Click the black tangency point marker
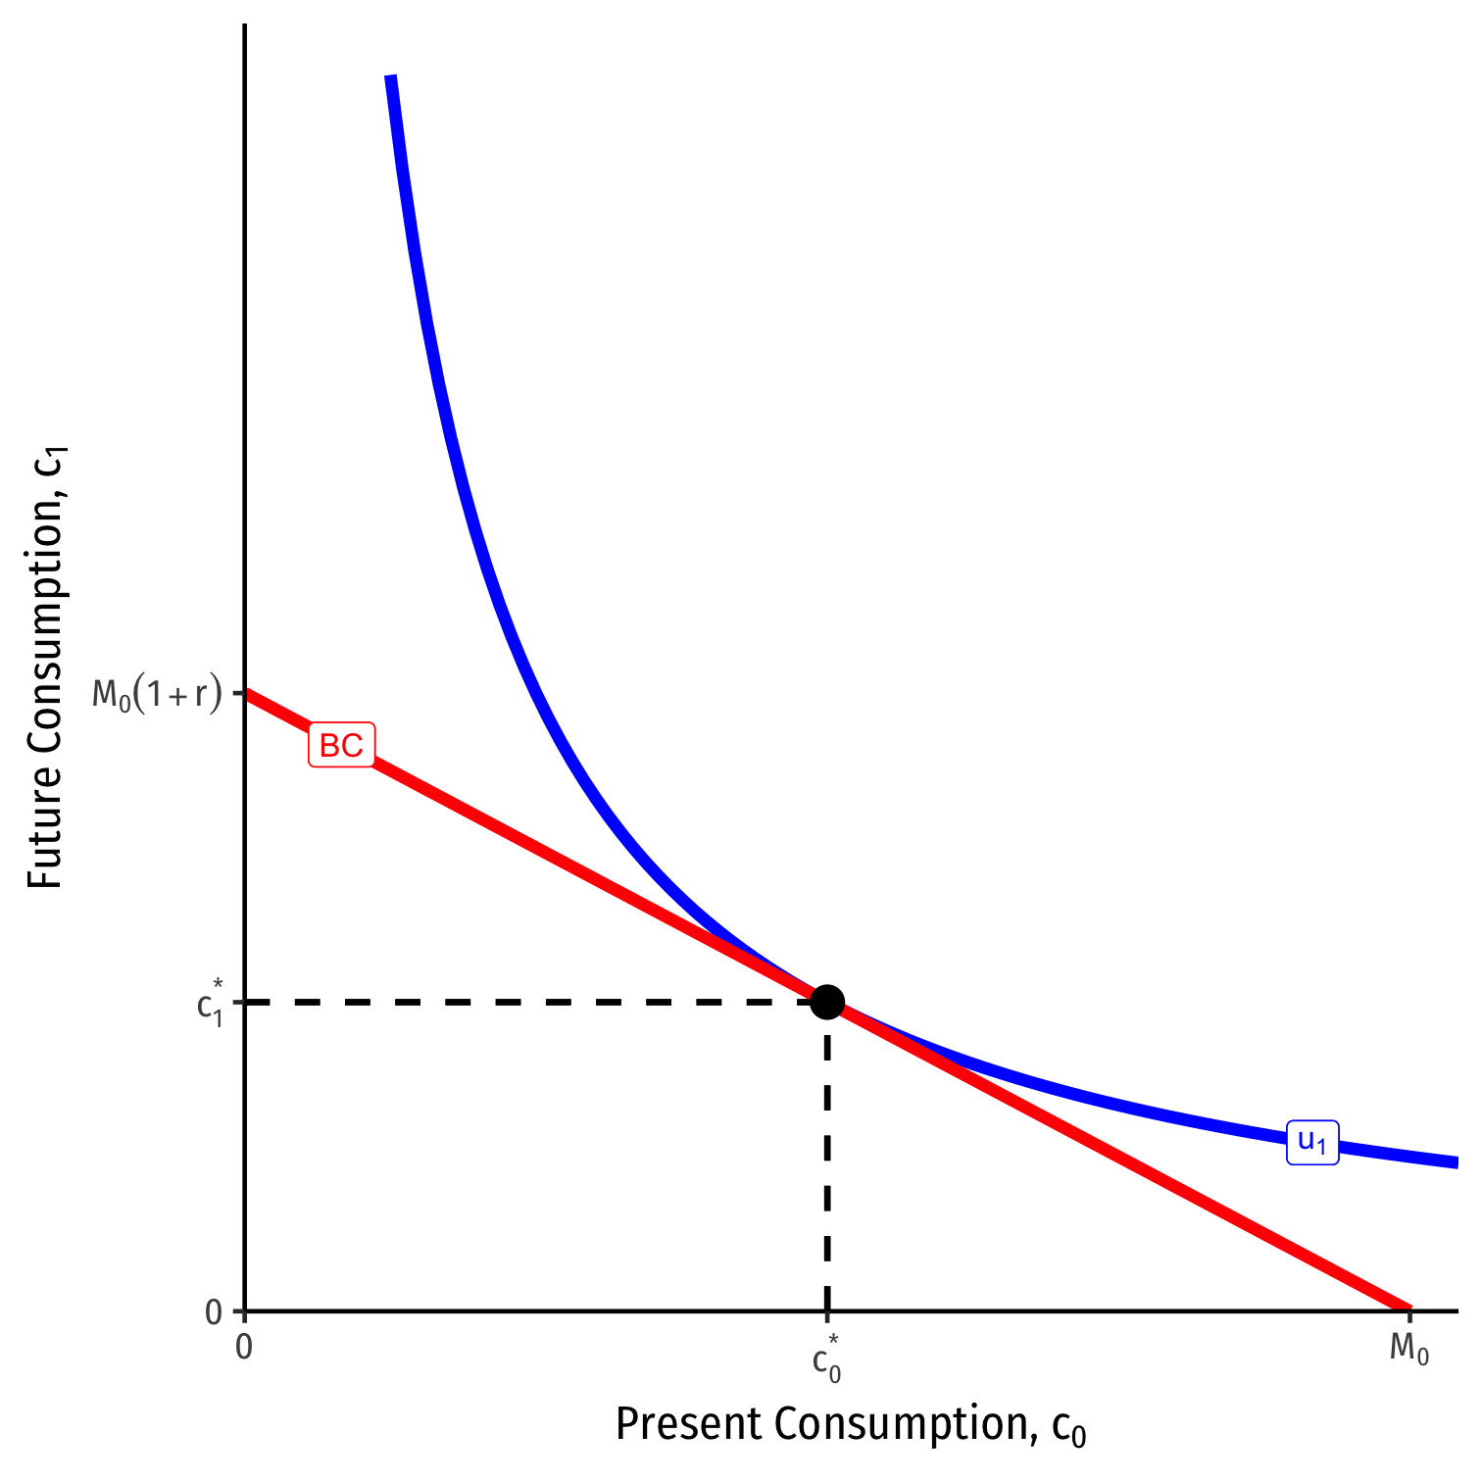(827, 1002)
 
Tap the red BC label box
(341, 746)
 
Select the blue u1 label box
(1312, 1142)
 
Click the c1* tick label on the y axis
(211, 1002)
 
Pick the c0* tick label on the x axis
(827, 1358)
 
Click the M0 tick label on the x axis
(1408, 1350)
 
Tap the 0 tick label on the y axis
(214, 1311)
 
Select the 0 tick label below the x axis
(244, 1348)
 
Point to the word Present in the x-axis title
(687, 1424)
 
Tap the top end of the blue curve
(390, 76)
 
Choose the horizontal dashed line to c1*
(529, 1002)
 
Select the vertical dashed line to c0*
(827, 1157)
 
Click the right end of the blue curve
(1457, 1162)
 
